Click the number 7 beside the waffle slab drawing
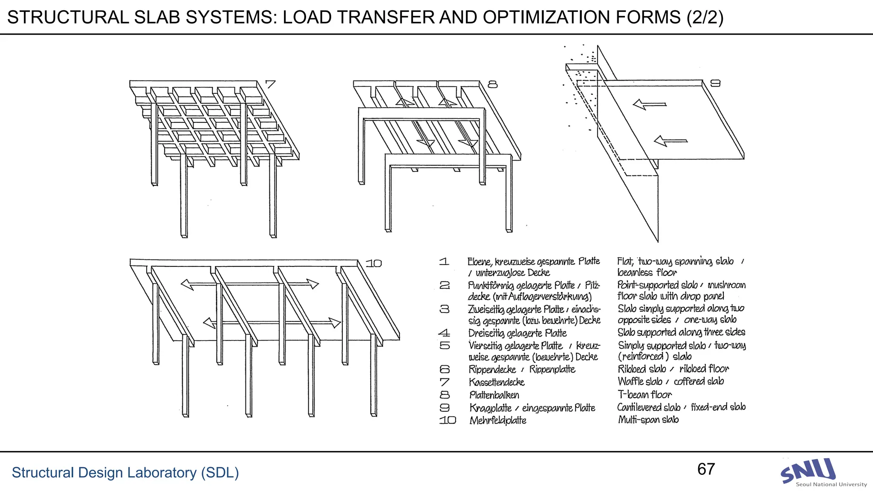point(270,84)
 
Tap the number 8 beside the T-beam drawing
point(492,84)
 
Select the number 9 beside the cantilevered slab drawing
point(715,83)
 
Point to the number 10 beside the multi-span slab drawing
point(373,263)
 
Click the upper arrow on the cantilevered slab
point(649,104)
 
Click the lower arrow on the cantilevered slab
point(670,141)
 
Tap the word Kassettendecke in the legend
point(497,382)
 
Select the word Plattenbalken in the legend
point(494,395)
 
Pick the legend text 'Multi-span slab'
point(648,420)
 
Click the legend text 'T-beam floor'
point(645,395)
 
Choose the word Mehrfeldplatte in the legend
point(497,421)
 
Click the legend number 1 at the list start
point(444,261)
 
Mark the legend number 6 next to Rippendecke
point(445,369)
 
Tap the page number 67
point(706,469)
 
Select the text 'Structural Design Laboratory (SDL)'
point(125,473)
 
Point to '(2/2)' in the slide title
point(705,17)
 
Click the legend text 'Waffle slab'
point(640,381)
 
